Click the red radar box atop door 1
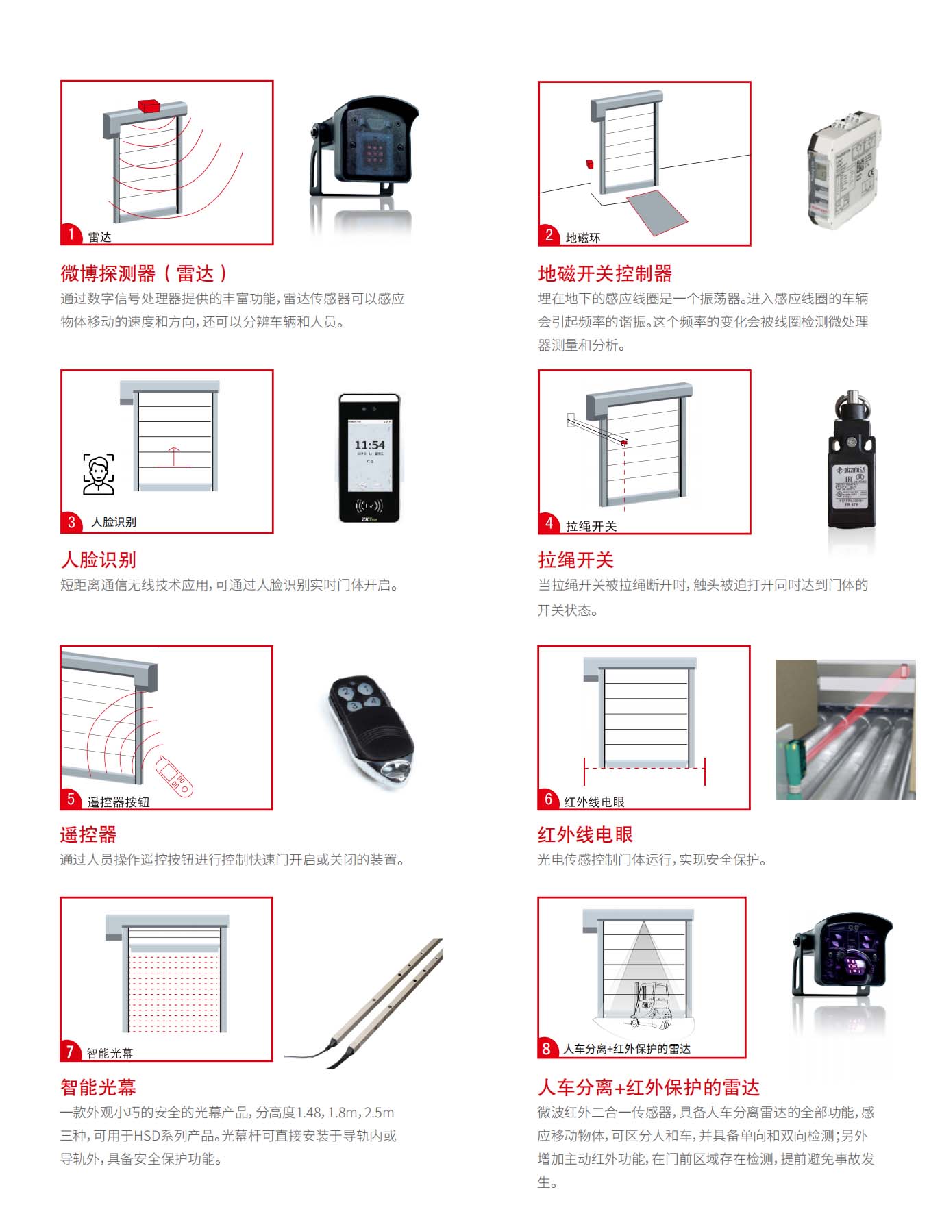[149, 105]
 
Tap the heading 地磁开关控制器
[605, 274]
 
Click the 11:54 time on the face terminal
[369, 445]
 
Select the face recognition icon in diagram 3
[99, 474]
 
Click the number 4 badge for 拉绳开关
[549, 524]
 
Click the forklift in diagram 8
[650, 1006]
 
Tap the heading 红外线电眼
[585, 834]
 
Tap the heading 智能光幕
[98, 1087]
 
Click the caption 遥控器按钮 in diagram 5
[118, 802]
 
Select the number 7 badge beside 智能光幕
[70, 1051]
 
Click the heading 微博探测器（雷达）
[144, 274]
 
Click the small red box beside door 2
[589, 164]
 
